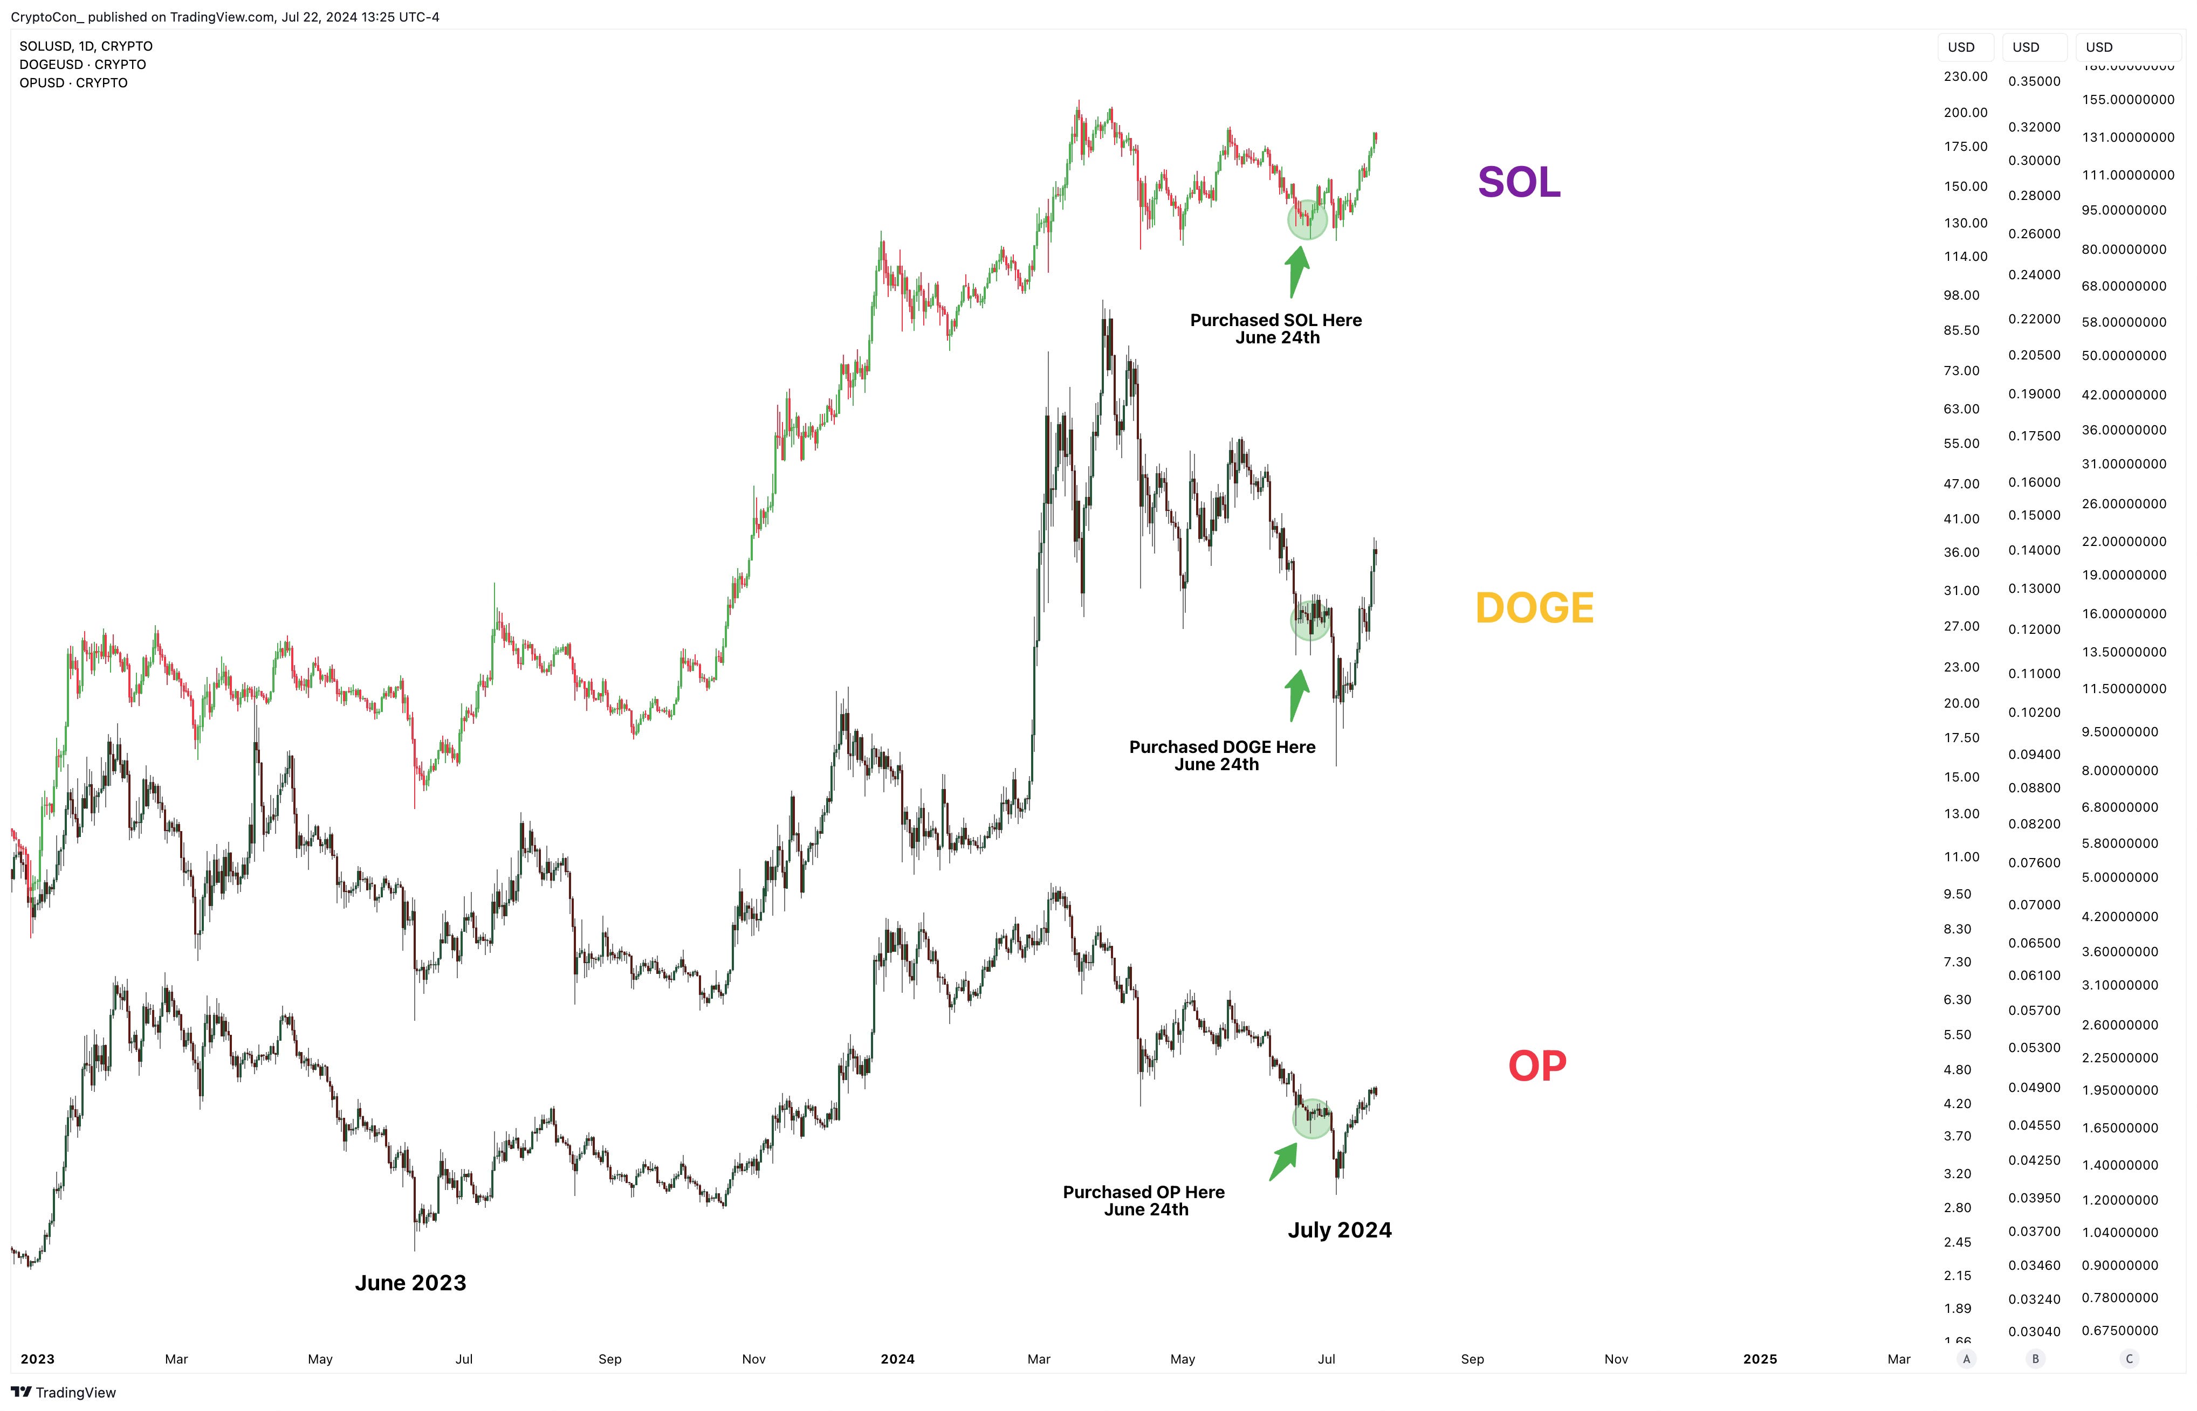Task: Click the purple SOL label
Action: [1519, 182]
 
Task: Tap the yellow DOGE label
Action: [1534, 607]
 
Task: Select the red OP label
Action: [1537, 1066]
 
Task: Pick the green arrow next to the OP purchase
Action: [1284, 1161]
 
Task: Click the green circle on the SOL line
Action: [1307, 220]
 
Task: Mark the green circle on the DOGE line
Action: [1310, 621]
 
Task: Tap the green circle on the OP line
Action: [1312, 1119]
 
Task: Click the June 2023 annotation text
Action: [410, 1283]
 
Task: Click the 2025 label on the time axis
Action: [1760, 1359]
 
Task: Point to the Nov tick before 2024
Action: [753, 1359]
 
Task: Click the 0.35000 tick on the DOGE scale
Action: [2034, 81]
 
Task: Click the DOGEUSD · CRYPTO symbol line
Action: [83, 64]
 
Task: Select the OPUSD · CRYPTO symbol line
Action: [73, 82]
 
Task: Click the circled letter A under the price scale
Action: [1966, 1359]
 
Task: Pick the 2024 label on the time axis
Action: [897, 1359]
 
